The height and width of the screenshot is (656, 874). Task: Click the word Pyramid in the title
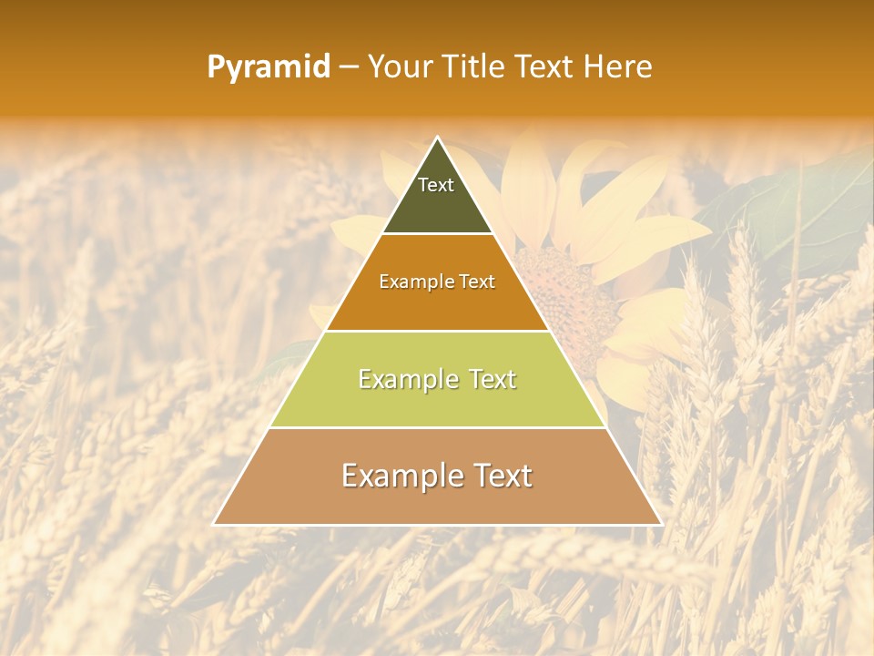(x=268, y=67)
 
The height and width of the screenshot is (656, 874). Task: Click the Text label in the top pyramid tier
(x=436, y=185)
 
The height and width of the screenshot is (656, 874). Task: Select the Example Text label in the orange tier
(x=437, y=282)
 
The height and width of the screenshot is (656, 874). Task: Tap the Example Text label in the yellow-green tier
(x=437, y=379)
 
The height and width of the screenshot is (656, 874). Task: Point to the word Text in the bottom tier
(x=500, y=476)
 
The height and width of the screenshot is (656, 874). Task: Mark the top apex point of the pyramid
(x=438, y=138)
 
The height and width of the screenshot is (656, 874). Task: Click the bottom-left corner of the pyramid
(x=215, y=524)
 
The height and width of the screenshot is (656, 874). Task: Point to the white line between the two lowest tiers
(x=437, y=427)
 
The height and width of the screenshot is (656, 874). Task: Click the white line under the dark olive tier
(x=437, y=234)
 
